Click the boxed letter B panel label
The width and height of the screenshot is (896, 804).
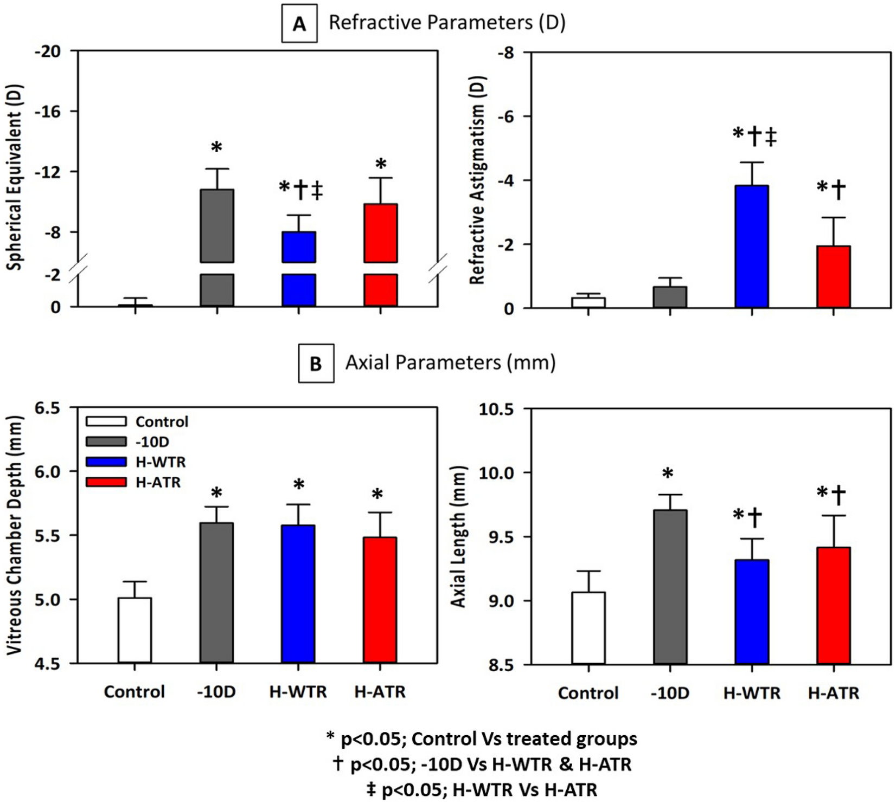click(x=316, y=364)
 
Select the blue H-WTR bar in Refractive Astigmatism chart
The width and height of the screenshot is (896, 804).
click(x=752, y=247)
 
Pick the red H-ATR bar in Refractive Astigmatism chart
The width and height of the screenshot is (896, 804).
click(x=834, y=277)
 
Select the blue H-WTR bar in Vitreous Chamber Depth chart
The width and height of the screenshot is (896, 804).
click(x=298, y=594)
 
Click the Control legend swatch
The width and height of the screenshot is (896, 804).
click(x=106, y=422)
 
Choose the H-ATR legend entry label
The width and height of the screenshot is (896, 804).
click(x=158, y=482)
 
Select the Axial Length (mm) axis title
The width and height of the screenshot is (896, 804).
click(x=459, y=536)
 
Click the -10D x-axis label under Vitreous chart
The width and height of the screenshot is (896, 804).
click(x=216, y=692)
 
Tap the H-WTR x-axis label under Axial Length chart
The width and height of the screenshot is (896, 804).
click(x=752, y=693)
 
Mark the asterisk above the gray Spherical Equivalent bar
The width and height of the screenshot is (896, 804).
click(x=216, y=147)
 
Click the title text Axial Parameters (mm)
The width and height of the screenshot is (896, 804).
click(x=450, y=362)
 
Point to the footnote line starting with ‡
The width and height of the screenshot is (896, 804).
click(x=482, y=790)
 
